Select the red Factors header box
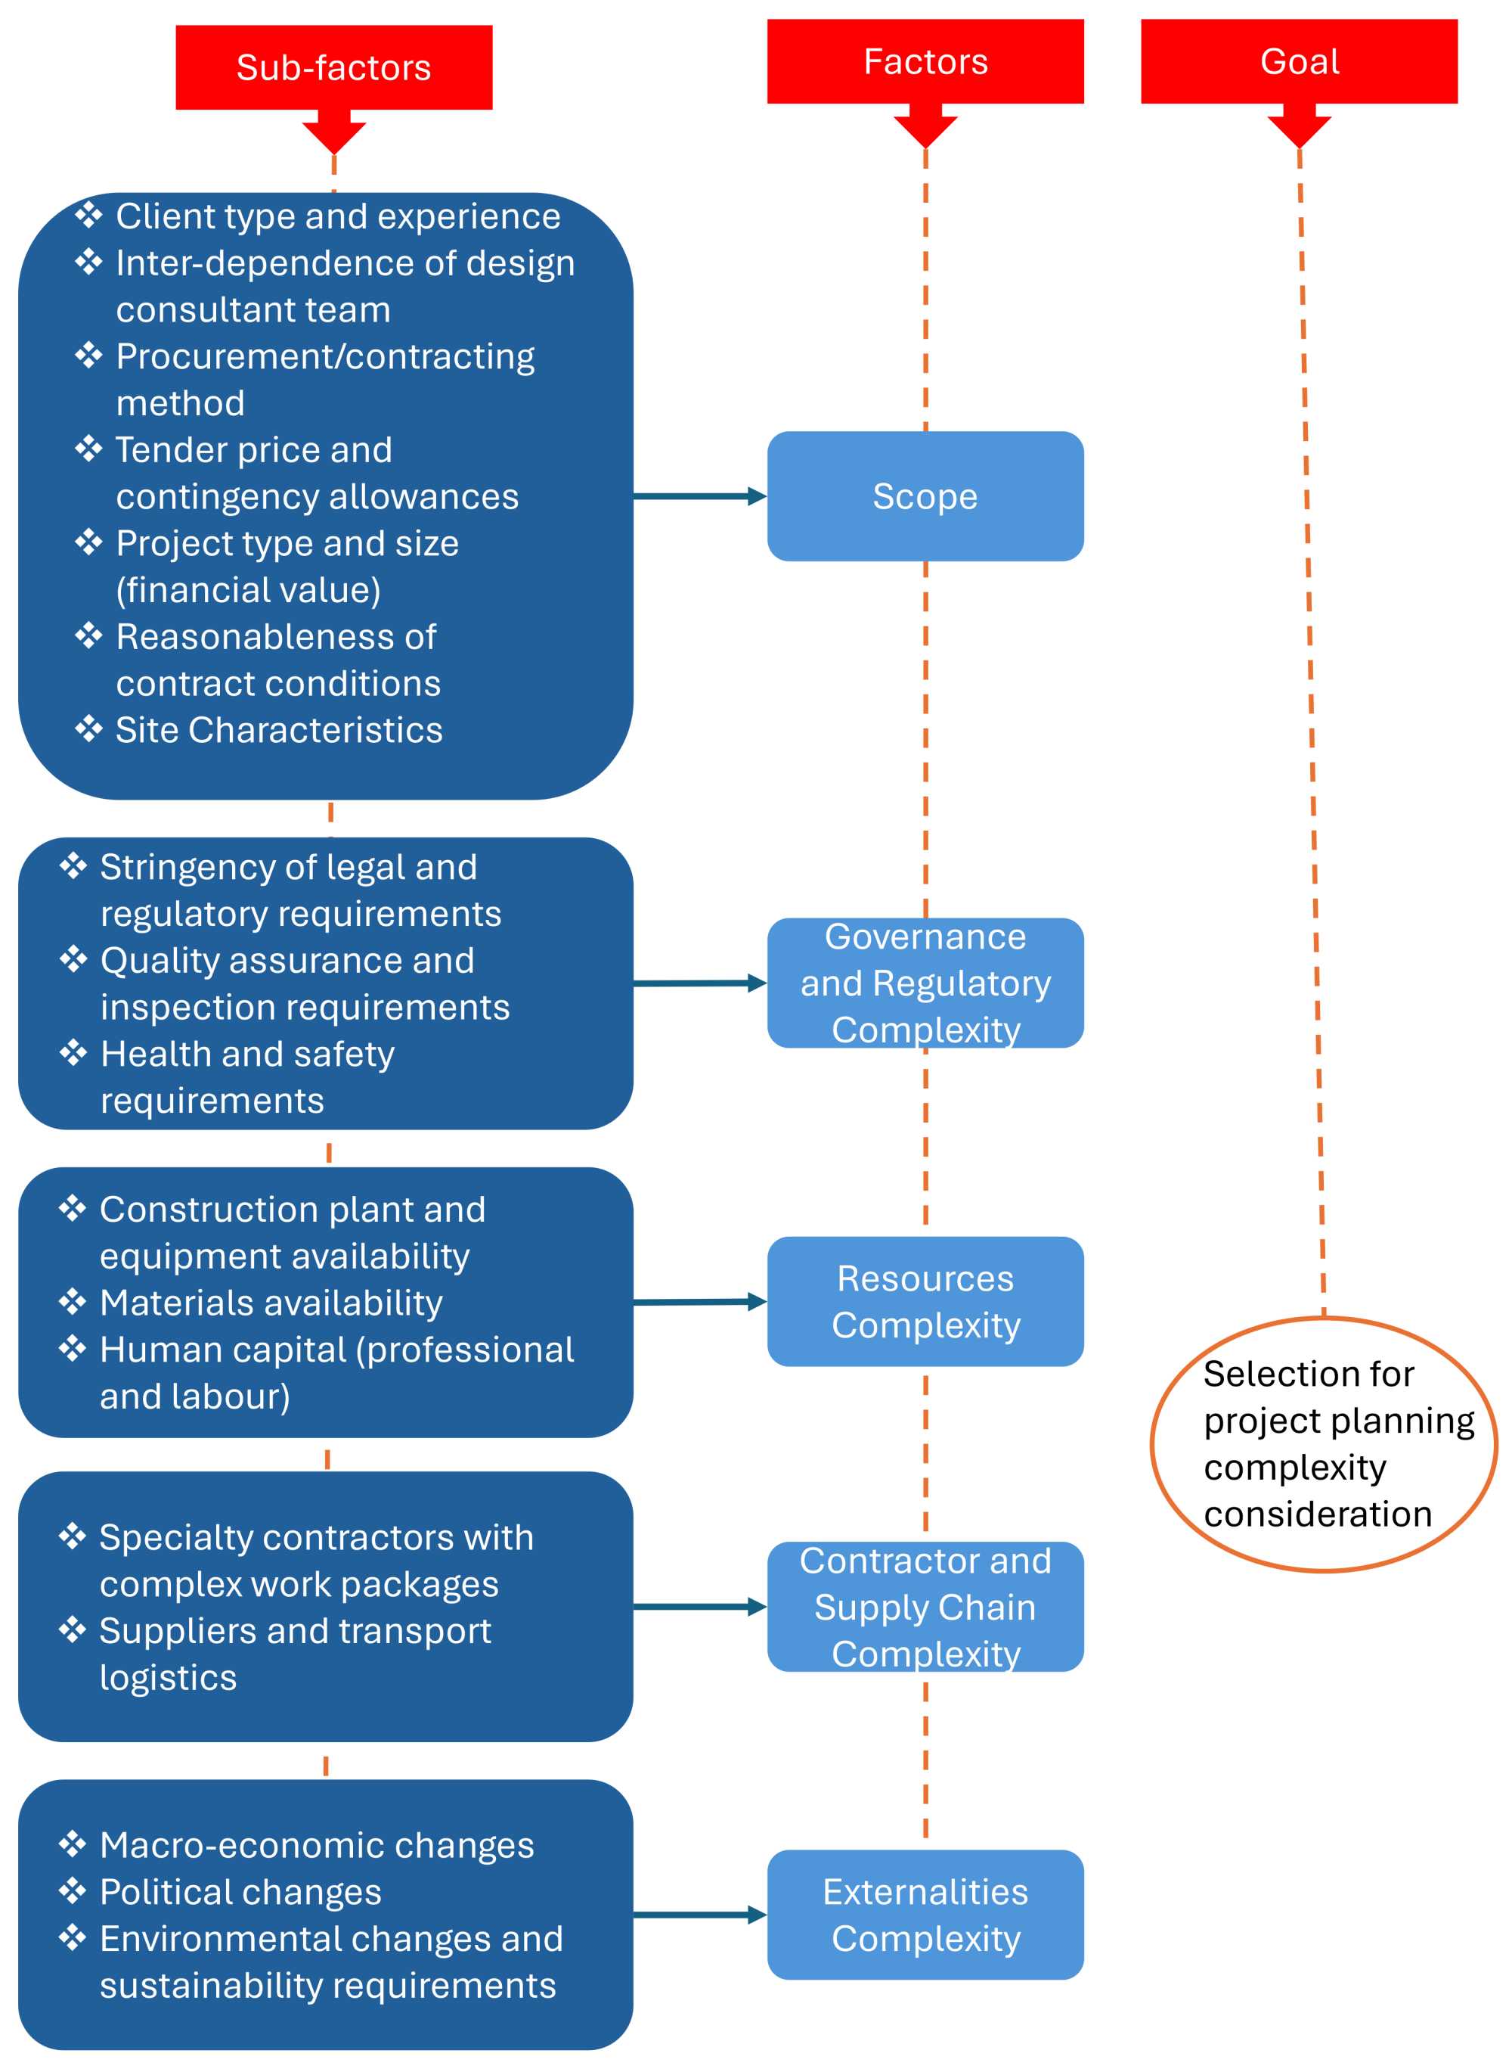[925, 61]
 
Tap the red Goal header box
[1298, 61]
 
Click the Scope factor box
[925, 496]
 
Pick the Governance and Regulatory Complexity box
[925, 983]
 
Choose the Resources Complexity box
[925, 1301]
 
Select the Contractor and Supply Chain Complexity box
[925, 1607]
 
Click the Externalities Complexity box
[925, 1915]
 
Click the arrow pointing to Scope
[699, 496]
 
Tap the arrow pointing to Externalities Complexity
[699, 1915]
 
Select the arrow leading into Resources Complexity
[699, 1301]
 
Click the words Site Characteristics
[278, 730]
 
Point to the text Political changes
[240, 1892]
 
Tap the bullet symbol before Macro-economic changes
[73, 1844]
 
